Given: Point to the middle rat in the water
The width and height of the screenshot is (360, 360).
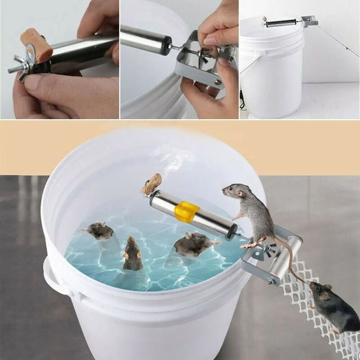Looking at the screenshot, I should tap(133, 255).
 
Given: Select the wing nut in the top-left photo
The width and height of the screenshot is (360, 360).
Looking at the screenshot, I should tap(21, 72).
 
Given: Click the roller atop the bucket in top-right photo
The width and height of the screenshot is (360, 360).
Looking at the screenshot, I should tap(281, 22).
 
